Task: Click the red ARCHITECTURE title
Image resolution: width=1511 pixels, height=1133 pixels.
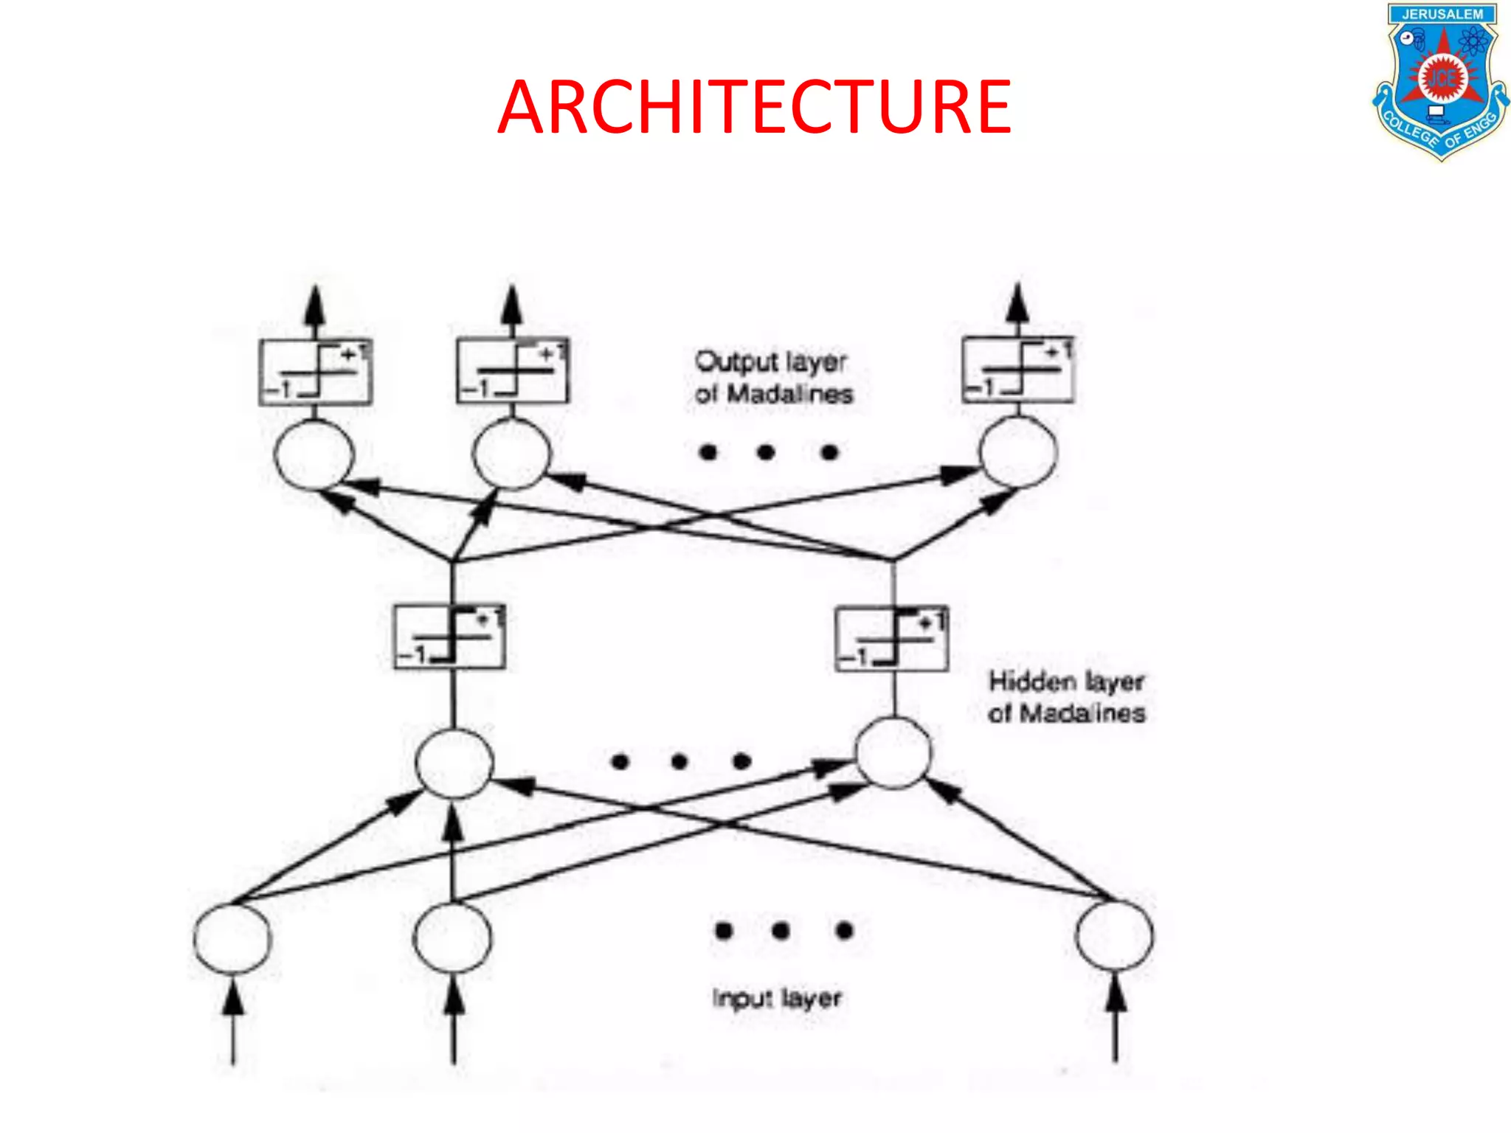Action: [754, 108]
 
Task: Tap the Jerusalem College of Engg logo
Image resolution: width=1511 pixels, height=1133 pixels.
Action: [1440, 81]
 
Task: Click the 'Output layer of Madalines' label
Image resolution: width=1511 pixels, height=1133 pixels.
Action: [773, 378]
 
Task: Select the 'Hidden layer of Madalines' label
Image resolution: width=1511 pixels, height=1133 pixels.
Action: [1066, 697]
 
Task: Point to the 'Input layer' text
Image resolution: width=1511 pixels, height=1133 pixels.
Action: [776, 998]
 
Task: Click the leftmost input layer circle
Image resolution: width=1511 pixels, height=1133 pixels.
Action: [232, 938]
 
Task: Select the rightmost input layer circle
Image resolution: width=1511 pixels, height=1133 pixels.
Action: [1114, 935]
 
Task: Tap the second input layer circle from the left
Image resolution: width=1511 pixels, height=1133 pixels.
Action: [452, 938]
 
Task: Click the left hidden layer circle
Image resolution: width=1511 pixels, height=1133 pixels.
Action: [454, 763]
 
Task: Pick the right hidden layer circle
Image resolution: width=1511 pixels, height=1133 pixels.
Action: [893, 752]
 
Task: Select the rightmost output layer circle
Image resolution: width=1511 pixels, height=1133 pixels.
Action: [1018, 451]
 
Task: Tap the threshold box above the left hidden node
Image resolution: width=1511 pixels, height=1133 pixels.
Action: [449, 637]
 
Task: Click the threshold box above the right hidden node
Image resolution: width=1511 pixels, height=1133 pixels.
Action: [891, 639]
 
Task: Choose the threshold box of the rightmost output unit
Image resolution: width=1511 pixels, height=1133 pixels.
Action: [1018, 370]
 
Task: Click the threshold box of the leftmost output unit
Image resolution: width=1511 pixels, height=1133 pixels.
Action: [315, 372]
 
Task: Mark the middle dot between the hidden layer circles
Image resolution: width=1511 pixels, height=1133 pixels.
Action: [680, 760]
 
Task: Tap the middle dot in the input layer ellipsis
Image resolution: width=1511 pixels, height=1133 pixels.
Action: [781, 931]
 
